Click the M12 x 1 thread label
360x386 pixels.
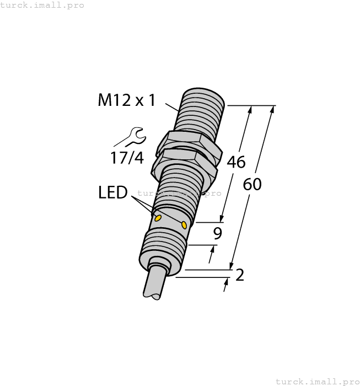[126, 100]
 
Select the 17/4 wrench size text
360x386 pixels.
[126, 158]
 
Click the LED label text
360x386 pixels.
[112, 192]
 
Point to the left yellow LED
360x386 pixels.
[158, 218]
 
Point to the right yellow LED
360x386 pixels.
[184, 224]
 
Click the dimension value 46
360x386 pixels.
[236, 163]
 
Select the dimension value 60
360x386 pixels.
[252, 185]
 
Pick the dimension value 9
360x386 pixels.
[218, 234]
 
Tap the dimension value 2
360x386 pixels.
[239, 275]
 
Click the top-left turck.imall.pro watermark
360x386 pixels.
[42, 5]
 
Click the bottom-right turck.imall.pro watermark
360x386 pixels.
[316, 381]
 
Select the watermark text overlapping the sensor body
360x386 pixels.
[179, 193]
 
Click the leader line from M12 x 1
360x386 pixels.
[172, 106]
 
